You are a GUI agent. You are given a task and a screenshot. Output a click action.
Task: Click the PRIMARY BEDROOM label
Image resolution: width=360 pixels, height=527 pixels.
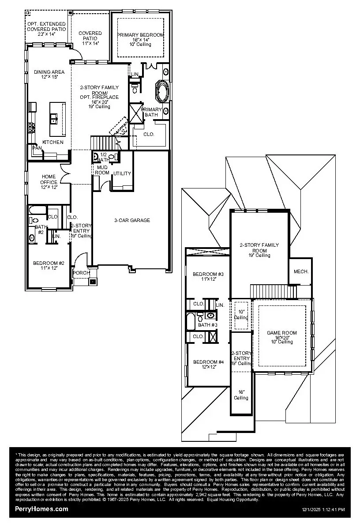[x=140, y=35]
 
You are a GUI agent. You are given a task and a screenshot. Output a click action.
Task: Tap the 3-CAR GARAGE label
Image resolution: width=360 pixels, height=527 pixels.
[x=132, y=220]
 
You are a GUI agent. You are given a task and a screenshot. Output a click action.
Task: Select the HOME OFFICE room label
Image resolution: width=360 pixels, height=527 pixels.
[x=49, y=179]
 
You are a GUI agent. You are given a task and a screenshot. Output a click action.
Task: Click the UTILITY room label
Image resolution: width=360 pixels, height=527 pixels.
[x=122, y=173]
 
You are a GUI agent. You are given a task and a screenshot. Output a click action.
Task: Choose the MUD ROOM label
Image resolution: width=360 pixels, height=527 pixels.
[x=102, y=170]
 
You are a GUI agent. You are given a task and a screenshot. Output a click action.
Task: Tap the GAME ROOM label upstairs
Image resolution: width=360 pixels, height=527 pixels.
[x=282, y=333]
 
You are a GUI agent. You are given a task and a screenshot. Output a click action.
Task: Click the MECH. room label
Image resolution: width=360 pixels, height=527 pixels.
[x=301, y=272]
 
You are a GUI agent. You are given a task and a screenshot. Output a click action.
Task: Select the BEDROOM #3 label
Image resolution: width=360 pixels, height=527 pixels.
[x=208, y=275]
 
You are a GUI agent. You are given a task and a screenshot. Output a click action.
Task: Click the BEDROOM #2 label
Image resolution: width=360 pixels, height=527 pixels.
[x=49, y=263]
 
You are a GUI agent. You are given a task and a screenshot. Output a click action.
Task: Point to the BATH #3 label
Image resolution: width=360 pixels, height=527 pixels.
[x=208, y=325]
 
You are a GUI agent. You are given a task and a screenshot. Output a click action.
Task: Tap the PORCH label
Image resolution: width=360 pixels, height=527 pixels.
[x=81, y=273]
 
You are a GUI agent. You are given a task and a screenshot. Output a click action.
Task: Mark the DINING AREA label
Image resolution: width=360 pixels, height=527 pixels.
[x=49, y=72]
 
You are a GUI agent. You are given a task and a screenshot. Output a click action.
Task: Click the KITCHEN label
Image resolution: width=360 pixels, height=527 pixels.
[x=53, y=142]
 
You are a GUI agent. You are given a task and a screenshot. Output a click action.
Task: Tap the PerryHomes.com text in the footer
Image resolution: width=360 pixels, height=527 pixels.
[x=42, y=509]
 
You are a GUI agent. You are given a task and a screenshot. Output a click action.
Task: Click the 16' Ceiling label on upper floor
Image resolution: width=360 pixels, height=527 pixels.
[x=241, y=395]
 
